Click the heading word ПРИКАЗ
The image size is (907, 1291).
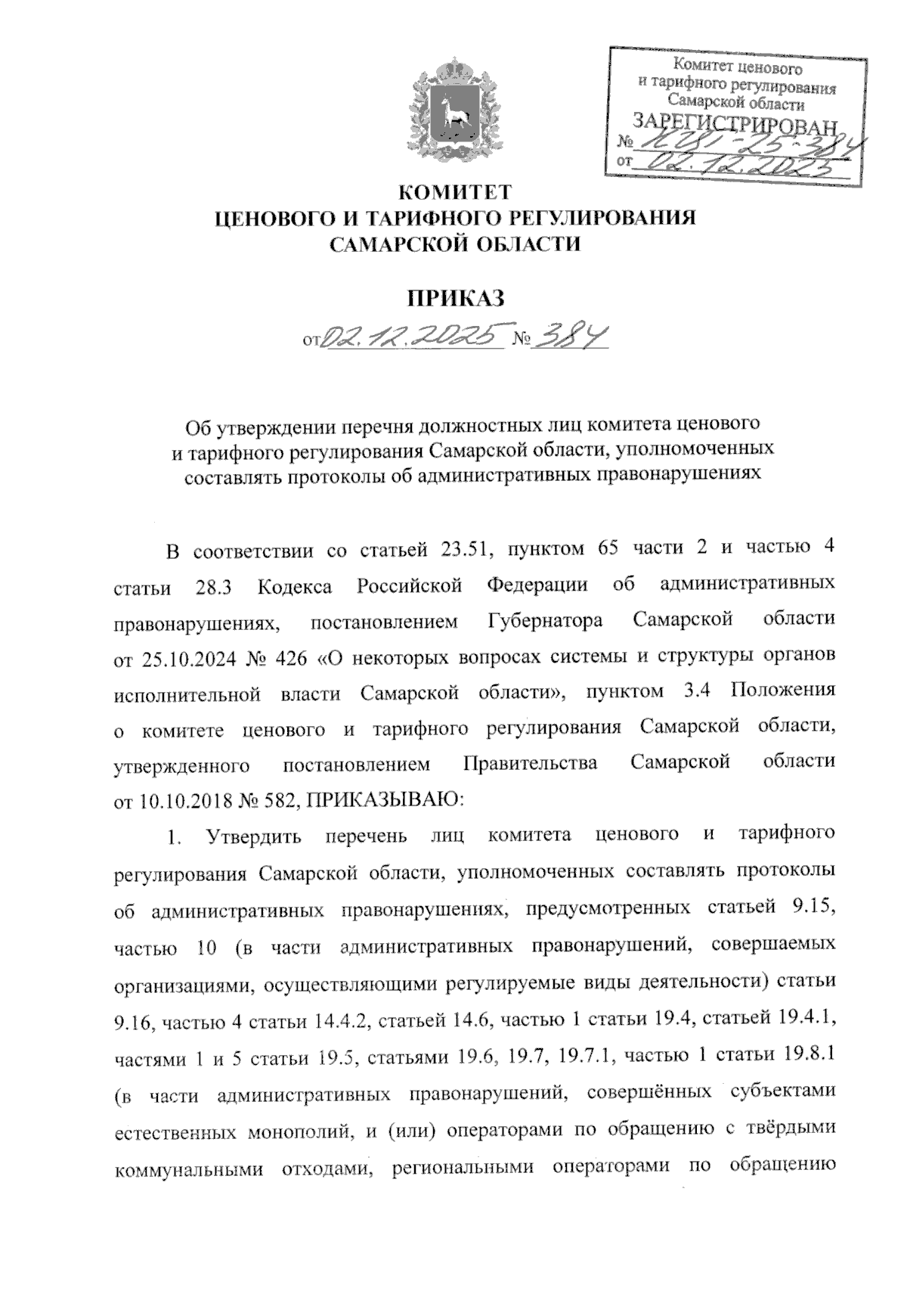(456, 299)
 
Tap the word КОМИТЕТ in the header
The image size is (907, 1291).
(455, 191)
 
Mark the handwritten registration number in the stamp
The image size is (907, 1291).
(744, 142)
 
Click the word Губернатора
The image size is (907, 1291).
(542, 622)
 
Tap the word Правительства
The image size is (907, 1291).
(530, 762)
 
